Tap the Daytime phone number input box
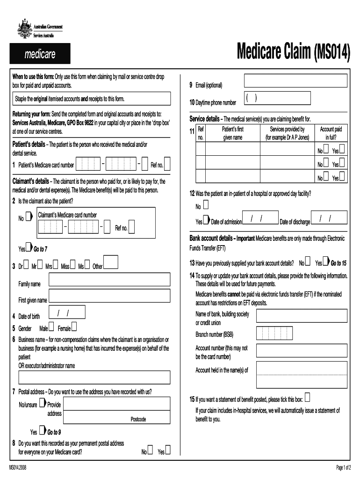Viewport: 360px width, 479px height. [x=277, y=98]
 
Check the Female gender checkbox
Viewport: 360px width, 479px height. [x=74, y=326]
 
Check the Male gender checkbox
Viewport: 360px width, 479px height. [x=51, y=326]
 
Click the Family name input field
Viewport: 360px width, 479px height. [x=109, y=280]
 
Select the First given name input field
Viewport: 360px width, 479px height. [x=109, y=296]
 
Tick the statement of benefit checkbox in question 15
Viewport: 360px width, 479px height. [x=307, y=398]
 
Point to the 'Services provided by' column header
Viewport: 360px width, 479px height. [x=287, y=133]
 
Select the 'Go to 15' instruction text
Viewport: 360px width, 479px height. [x=338, y=263]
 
